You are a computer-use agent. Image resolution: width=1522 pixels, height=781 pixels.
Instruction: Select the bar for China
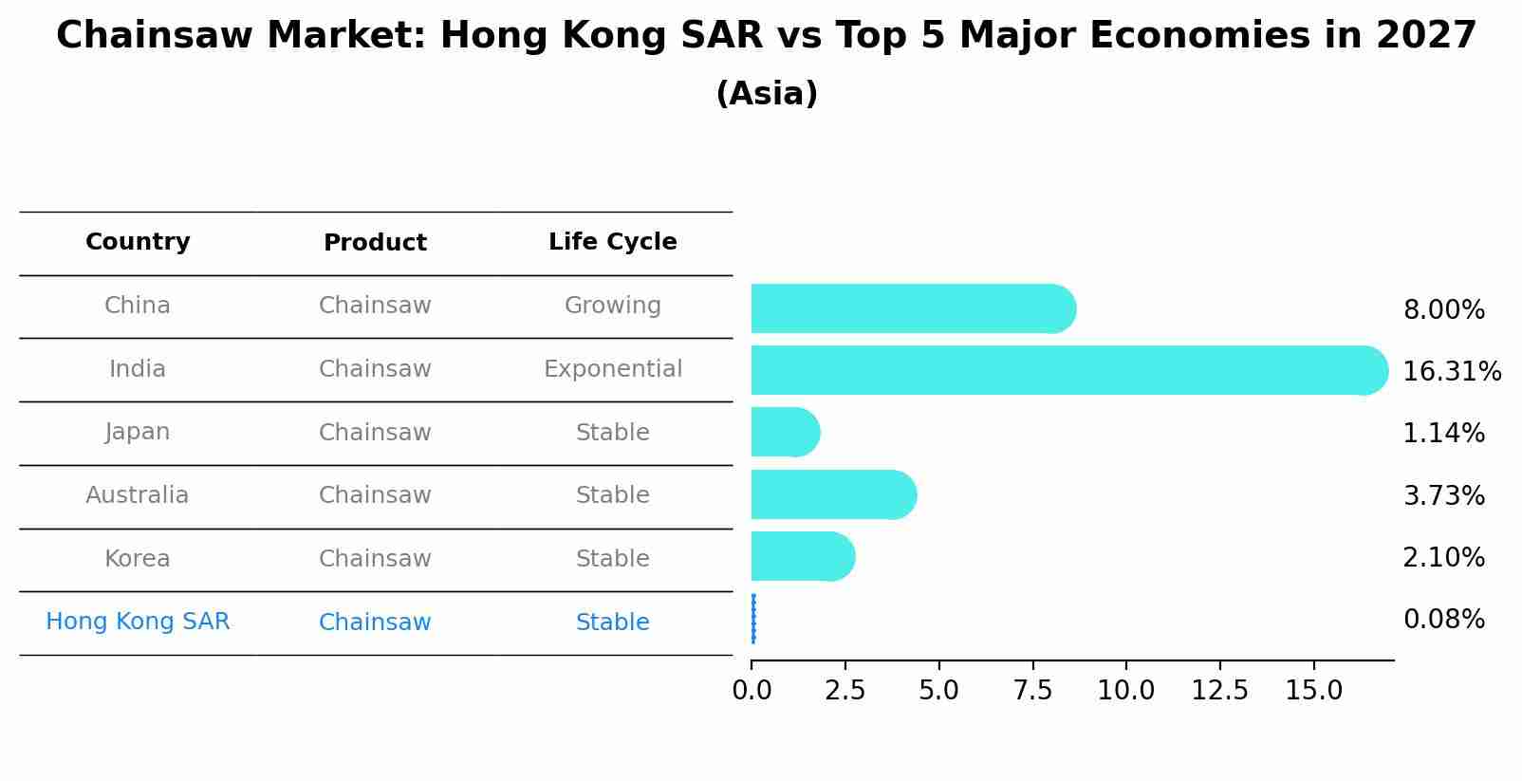click(x=911, y=308)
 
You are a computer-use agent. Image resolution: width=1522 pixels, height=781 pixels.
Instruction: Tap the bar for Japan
click(x=784, y=432)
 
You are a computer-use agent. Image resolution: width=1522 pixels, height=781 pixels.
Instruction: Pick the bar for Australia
click(x=833, y=494)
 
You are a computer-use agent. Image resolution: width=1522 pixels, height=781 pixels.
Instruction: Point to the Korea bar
click(x=802, y=556)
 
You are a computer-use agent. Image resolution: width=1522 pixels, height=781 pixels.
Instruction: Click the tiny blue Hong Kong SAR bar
click(x=753, y=619)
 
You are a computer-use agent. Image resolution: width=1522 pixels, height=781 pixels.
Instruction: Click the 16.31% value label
click(x=1451, y=371)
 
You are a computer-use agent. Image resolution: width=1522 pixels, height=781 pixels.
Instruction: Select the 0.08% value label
click(x=1443, y=620)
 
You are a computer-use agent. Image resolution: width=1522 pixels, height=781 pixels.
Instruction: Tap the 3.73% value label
click(x=1443, y=495)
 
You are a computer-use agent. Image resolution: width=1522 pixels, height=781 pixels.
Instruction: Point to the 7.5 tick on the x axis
click(x=1032, y=690)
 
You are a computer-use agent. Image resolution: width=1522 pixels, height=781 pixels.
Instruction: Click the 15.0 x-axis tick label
click(x=1313, y=690)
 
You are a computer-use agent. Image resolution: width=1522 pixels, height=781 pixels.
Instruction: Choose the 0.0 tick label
click(x=752, y=690)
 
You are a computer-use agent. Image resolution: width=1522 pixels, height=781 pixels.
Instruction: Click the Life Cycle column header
click(x=612, y=242)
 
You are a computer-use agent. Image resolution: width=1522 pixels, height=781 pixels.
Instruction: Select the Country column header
click(x=138, y=242)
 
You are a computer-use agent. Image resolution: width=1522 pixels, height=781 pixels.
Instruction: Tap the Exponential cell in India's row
click(x=612, y=369)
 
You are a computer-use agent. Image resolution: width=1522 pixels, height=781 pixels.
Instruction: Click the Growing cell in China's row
click(x=612, y=306)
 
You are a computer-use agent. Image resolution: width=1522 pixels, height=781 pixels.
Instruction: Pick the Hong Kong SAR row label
click(x=138, y=622)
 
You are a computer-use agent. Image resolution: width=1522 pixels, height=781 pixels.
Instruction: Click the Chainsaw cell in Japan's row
click(x=375, y=433)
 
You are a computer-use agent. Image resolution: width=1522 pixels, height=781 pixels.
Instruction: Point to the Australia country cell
click(x=138, y=495)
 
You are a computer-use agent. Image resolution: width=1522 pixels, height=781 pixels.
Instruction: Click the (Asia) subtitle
click(x=766, y=94)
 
